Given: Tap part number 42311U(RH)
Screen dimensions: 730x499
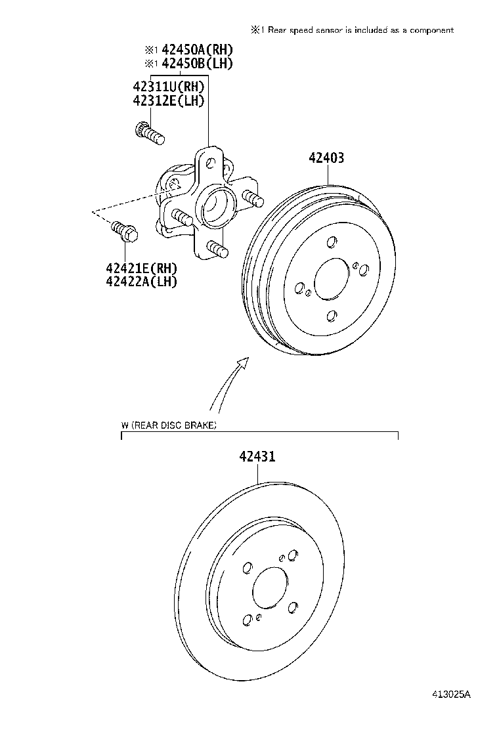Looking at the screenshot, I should [168, 87].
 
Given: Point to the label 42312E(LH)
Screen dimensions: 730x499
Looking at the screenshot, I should [168, 100].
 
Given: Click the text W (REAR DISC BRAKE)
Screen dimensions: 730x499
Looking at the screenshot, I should [169, 425].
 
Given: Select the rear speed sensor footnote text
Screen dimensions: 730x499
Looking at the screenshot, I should [352, 30].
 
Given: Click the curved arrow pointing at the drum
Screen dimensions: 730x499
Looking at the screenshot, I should [226, 385].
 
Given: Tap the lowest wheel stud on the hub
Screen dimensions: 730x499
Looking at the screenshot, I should [216, 249].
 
